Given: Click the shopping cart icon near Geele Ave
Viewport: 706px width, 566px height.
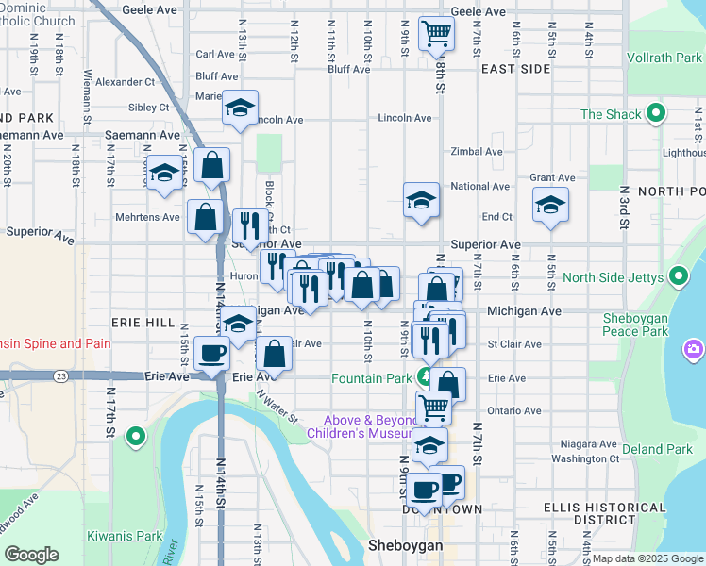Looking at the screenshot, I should point(436,34).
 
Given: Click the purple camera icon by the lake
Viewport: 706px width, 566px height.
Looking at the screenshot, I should point(695,350).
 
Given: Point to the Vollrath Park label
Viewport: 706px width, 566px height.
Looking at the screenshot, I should point(663,58).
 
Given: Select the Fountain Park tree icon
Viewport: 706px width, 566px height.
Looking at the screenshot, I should point(425,378).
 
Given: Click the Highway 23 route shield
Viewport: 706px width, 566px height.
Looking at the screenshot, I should point(61,375).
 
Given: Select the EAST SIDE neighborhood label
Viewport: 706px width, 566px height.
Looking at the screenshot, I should point(514,69).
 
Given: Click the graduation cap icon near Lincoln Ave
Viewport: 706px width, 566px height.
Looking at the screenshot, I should point(240,108).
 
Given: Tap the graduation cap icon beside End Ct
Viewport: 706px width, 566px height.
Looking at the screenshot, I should point(550,204).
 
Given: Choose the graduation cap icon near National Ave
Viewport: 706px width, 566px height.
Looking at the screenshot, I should point(421,199).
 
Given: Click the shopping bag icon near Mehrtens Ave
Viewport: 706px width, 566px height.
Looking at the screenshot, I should point(205,216).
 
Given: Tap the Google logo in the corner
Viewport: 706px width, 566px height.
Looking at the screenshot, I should point(31,555).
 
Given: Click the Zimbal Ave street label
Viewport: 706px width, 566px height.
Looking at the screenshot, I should point(477,151).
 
